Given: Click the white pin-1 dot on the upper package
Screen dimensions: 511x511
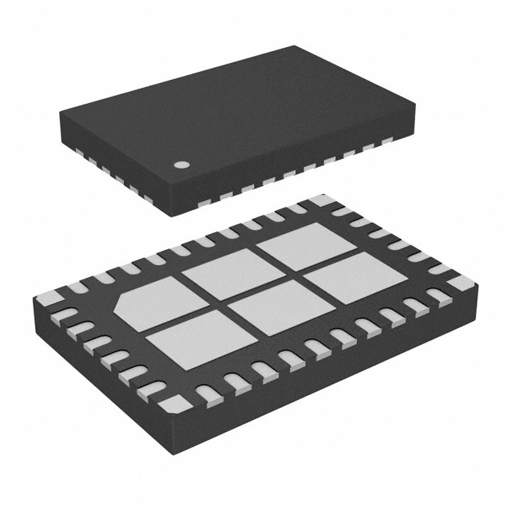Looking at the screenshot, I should click(x=182, y=165).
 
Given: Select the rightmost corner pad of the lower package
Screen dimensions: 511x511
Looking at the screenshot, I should click(x=461, y=282).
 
